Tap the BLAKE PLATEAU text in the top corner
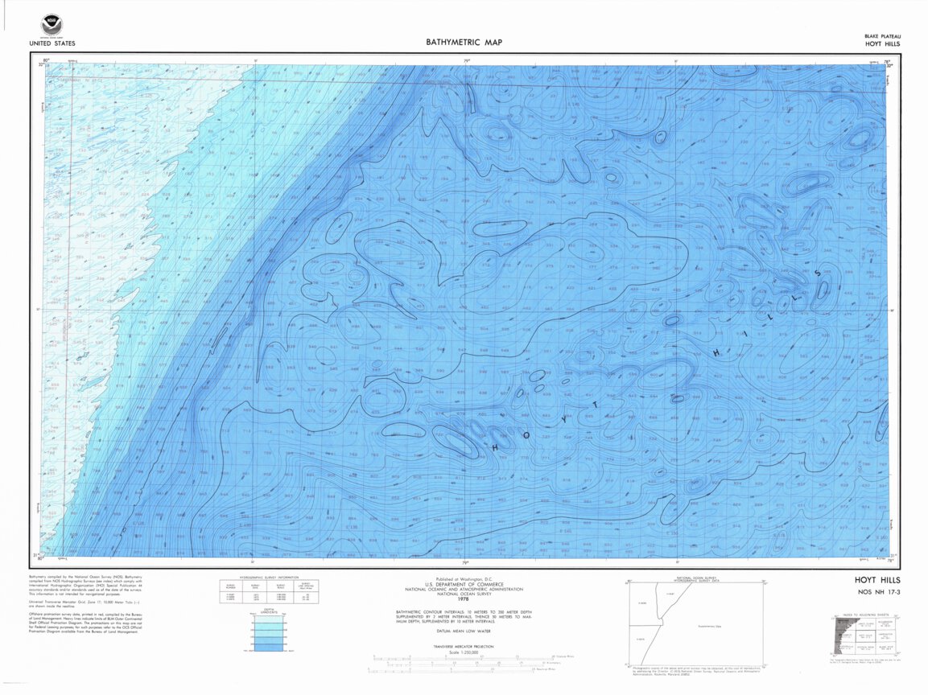click(882, 36)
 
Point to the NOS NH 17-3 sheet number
click(878, 593)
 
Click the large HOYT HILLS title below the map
click(877, 579)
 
